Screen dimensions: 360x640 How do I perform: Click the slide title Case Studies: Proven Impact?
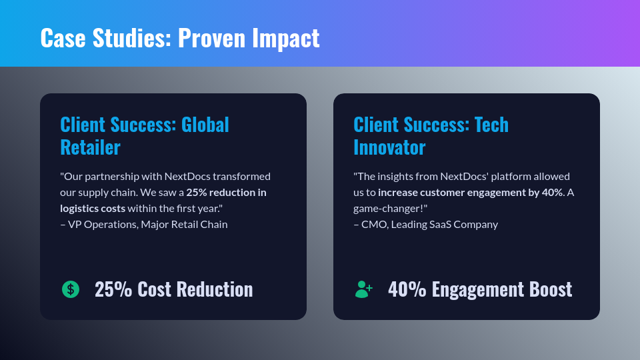point(180,38)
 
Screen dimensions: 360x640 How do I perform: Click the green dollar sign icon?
point(71,289)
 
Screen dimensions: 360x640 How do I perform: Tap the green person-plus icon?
point(363,289)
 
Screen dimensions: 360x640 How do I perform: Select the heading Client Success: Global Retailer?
point(144,135)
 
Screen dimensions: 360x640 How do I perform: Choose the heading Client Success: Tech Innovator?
point(431,135)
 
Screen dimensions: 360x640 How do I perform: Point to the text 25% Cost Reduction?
point(173,289)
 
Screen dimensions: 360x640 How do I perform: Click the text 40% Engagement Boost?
point(480,289)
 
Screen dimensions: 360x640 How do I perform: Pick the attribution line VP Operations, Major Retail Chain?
point(147,224)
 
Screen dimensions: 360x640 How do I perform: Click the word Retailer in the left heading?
point(90,147)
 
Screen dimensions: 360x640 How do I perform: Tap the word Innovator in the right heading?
point(389,147)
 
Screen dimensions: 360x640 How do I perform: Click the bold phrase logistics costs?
point(93,208)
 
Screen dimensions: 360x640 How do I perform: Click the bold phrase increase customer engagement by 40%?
point(470,192)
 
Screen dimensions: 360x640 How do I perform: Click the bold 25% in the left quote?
point(197,192)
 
